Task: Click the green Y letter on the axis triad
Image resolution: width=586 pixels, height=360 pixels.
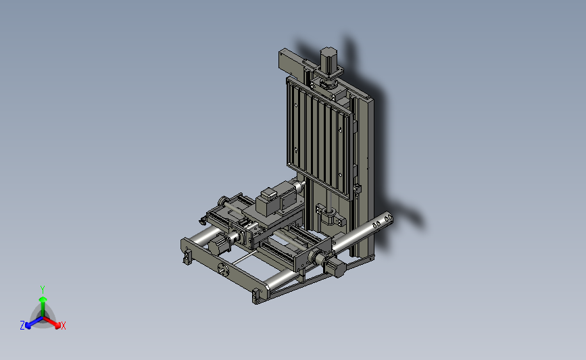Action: pyautogui.click(x=43, y=290)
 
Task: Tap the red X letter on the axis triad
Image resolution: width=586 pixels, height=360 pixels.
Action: pyautogui.click(x=63, y=326)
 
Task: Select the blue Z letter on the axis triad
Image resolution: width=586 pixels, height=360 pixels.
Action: pyautogui.click(x=22, y=326)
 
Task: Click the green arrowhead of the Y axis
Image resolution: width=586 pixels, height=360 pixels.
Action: pyautogui.click(x=43, y=299)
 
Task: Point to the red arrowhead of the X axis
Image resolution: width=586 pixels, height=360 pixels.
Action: pyautogui.click(x=57, y=325)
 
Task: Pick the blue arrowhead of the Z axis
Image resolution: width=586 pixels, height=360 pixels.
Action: pyautogui.click(x=28, y=326)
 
